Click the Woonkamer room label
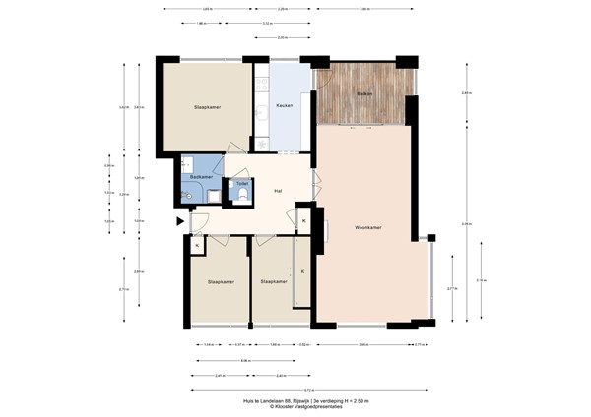point(367,227)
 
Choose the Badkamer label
point(203,178)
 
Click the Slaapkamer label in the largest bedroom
point(207,108)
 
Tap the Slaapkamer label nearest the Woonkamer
point(273,282)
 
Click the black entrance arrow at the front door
point(179,222)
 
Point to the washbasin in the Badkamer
point(186,196)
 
